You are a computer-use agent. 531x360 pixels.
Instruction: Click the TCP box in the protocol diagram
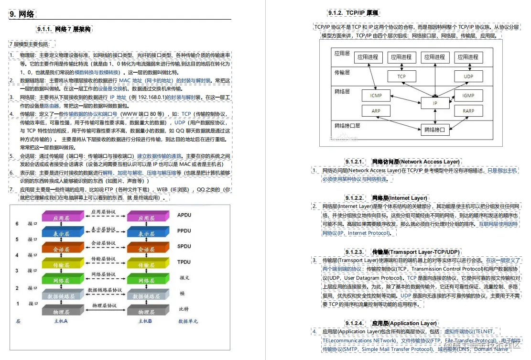coord(401,76)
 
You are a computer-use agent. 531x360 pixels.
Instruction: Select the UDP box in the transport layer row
coord(468,76)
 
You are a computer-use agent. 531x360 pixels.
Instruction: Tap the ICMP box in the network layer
coord(376,95)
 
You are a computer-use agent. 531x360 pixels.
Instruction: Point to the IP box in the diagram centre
coord(435,103)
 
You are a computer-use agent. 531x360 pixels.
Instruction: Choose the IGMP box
coord(468,95)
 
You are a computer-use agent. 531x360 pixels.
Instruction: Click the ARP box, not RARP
coord(376,111)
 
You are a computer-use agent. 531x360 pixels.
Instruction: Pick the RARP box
coord(468,111)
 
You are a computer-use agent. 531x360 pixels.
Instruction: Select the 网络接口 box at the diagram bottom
coord(435,129)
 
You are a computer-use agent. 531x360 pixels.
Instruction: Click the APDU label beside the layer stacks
coord(184,215)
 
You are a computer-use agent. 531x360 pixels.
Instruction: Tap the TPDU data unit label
coord(184,262)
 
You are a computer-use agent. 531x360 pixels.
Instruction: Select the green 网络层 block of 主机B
coord(146,281)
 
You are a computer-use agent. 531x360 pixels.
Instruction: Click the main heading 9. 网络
coord(22,14)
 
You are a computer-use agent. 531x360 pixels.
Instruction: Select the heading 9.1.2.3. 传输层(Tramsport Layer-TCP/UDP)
coord(401,252)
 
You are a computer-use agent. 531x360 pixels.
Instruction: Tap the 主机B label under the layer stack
coord(145,321)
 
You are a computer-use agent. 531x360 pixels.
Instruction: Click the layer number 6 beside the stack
coord(17,224)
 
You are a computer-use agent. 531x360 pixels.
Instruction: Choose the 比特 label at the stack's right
coord(184,309)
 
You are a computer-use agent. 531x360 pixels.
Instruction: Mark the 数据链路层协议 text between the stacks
coord(104,290)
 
